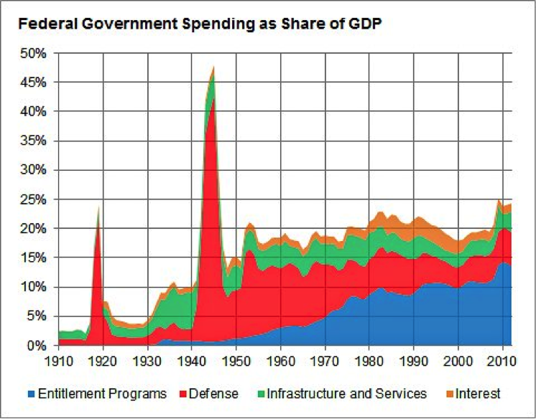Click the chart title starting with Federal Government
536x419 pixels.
(x=200, y=24)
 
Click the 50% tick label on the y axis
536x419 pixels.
(x=33, y=53)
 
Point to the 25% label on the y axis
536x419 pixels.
(x=33, y=199)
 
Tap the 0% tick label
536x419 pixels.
(x=36, y=346)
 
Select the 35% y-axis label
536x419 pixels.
(x=33, y=141)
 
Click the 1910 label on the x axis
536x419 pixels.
(x=59, y=361)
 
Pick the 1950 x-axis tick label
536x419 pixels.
(x=236, y=361)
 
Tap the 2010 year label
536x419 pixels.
(x=502, y=361)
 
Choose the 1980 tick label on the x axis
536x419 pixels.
(x=369, y=361)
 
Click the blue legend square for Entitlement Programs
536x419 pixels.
(x=32, y=394)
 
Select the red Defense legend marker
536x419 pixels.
(x=182, y=394)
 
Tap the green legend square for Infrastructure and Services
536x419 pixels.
(x=261, y=394)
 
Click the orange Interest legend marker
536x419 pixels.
(x=450, y=394)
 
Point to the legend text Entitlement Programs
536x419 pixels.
(x=102, y=394)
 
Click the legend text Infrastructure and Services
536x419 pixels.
(x=347, y=394)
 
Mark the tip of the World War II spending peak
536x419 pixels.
(x=214, y=66)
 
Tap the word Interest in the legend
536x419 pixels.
(x=478, y=394)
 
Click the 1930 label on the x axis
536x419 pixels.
(x=148, y=361)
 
